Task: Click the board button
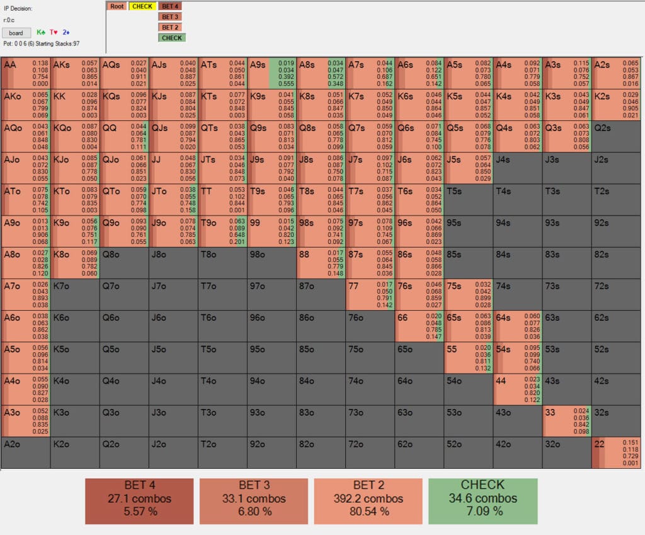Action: [x=16, y=33]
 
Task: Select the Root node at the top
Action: [x=117, y=6]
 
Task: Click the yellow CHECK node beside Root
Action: [x=142, y=6]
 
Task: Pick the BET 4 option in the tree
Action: [x=171, y=6]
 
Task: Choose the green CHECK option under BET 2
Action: [x=171, y=38]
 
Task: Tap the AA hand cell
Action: [x=26, y=73]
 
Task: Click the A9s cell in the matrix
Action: [x=271, y=73]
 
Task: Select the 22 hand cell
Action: [x=616, y=452]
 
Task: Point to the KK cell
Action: [x=75, y=105]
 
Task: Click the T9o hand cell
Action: [x=222, y=231]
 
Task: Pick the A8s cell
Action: [x=321, y=73]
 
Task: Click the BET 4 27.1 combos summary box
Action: [x=140, y=501]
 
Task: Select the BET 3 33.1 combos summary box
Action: [x=254, y=501]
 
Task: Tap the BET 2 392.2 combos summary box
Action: [x=368, y=501]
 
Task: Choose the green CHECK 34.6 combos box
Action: [x=482, y=501]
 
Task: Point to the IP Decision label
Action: [x=18, y=9]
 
